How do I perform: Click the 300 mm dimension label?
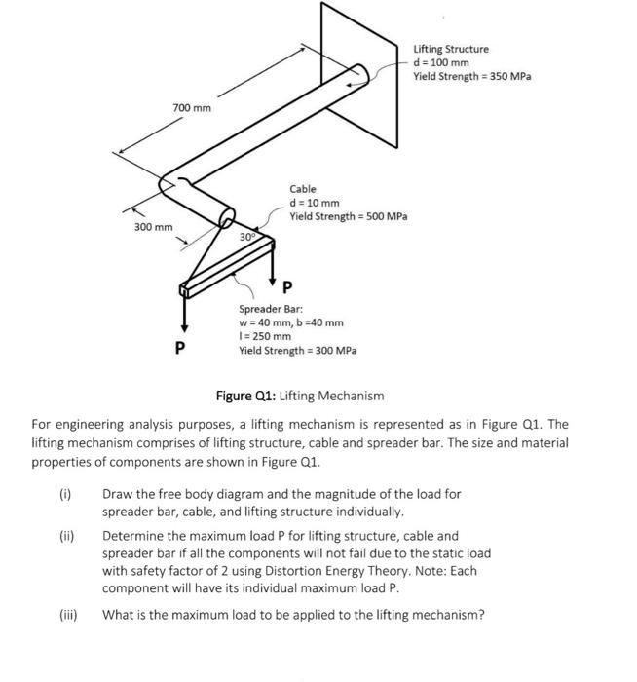(x=153, y=227)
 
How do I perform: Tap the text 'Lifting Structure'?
(x=451, y=49)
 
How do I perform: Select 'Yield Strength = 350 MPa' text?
(x=472, y=76)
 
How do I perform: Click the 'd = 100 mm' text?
(x=442, y=62)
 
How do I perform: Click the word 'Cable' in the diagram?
(x=302, y=188)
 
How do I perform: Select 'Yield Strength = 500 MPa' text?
(x=348, y=215)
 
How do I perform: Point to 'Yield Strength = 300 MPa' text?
(x=298, y=350)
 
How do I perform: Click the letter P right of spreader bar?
(x=286, y=288)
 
